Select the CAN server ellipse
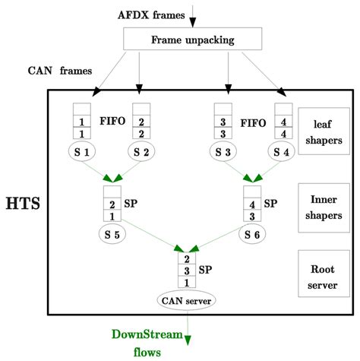[186, 300]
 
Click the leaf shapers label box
[323, 130]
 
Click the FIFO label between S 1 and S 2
[112, 121]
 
